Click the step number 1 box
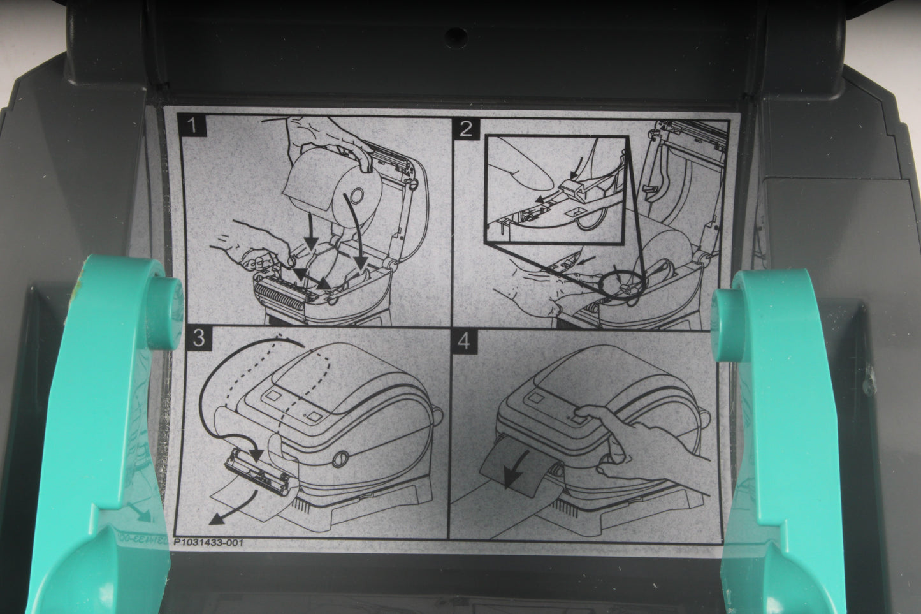[x=192, y=125]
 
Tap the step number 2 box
[x=466, y=129]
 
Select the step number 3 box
[x=199, y=339]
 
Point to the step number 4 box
[x=464, y=341]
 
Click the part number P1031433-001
[x=208, y=543]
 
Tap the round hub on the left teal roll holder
[x=164, y=312]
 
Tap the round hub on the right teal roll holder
[x=727, y=325]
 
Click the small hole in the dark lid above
[x=456, y=38]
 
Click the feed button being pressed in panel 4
[x=577, y=420]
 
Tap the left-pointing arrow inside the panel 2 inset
[x=549, y=197]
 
